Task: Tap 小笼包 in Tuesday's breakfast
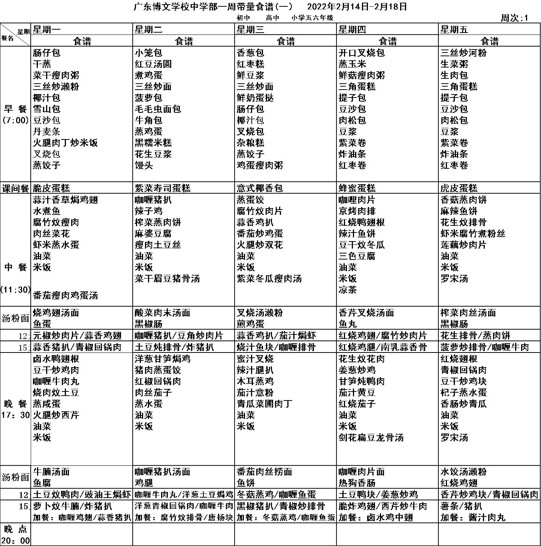(149, 53)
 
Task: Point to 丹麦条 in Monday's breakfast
(46, 132)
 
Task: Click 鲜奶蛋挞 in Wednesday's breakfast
(255, 98)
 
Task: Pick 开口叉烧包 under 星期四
(362, 53)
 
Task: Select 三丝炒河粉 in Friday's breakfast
(463, 53)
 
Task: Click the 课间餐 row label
(15, 188)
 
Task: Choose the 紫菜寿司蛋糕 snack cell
(163, 188)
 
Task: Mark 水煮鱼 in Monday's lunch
(46, 211)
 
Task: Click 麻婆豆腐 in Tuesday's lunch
(153, 234)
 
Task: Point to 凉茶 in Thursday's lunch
(348, 290)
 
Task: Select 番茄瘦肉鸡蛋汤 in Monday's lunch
(66, 295)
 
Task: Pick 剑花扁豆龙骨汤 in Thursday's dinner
(371, 438)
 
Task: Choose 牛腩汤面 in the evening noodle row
(51, 472)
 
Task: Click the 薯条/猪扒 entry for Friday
(462, 506)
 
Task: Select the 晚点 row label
(15, 534)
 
